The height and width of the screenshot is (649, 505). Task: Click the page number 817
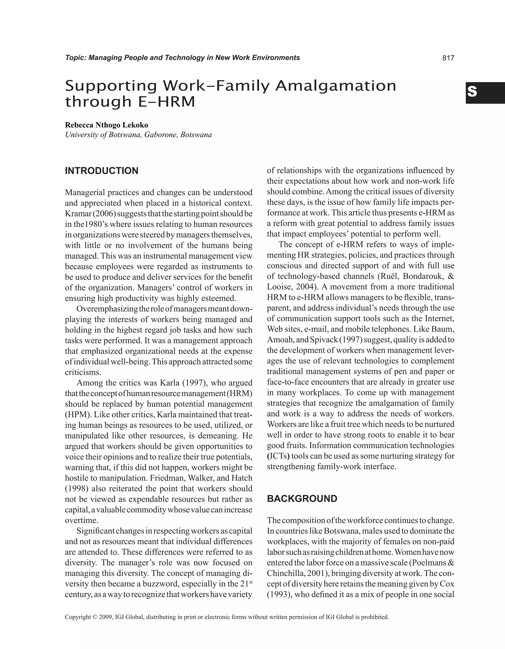[x=448, y=58]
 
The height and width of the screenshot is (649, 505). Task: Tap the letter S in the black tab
[x=472, y=92]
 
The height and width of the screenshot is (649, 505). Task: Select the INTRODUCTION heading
[x=102, y=171]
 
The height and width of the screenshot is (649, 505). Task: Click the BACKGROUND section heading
[x=302, y=499]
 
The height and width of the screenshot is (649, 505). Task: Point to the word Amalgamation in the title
[x=336, y=86]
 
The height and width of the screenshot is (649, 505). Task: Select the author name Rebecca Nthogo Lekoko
[x=107, y=125]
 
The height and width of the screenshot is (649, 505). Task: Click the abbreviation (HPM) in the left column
[x=75, y=415]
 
